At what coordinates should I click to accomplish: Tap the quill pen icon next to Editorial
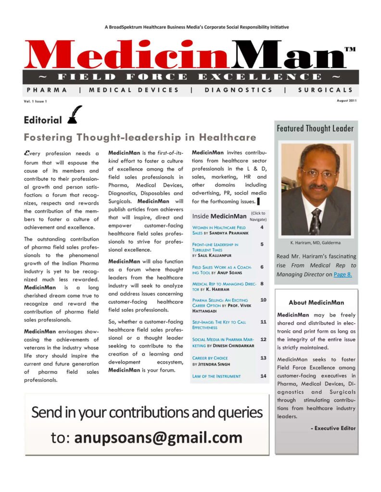pyautogui.click(x=75, y=115)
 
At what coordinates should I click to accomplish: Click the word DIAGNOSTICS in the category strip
pyautogui.click(x=238, y=90)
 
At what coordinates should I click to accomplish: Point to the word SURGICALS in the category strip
pyautogui.click(x=325, y=90)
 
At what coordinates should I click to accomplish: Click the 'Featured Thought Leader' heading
pyautogui.click(x=315, y=128)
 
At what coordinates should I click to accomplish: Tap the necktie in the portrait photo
pyautogui.click(x=315, y=220)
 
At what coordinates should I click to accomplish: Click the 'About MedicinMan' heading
pyautogui.click(x=316, y=303)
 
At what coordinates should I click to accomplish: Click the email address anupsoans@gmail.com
pyautogui.click(x=158, y=438)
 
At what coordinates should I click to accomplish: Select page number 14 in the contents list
pyautogui.click(x=263, y=376)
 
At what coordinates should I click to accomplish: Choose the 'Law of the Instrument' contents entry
pyautogui.click(x=216, y=376)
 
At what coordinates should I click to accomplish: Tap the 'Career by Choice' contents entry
pyautogui.click(x=210, y=358)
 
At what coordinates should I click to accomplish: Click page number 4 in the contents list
pyautogui.click(x=262, y=227)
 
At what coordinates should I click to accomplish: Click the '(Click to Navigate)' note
pyautogui.click(x=258, y=216)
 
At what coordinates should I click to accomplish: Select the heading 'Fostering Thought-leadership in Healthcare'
pyautogui.click(x=140, y=137)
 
